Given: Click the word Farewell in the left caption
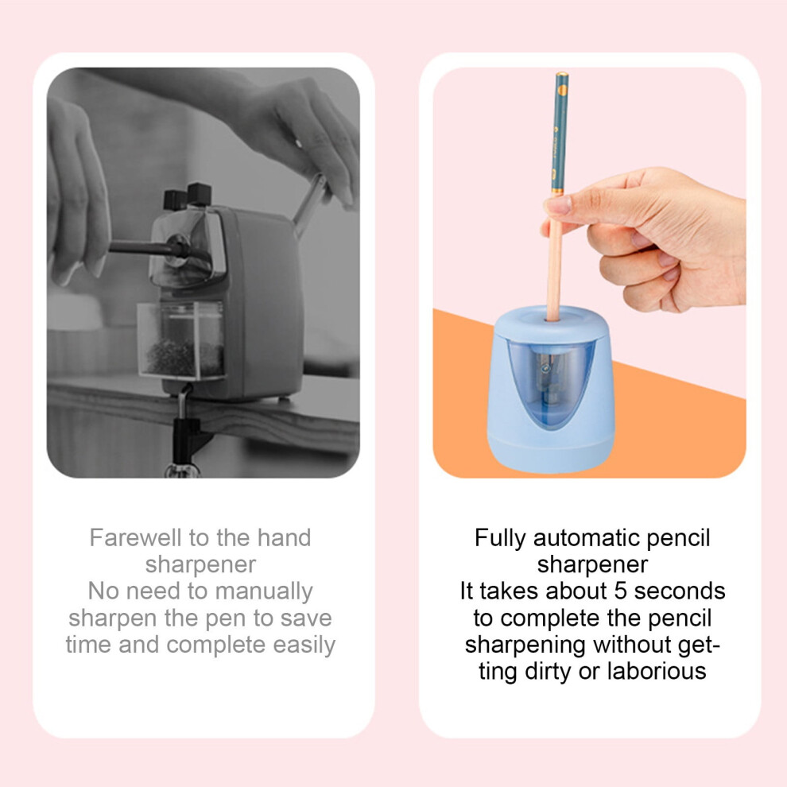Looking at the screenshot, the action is point(135,538).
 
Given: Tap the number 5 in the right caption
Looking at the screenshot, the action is point(620,591).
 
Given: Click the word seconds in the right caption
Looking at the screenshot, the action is point(680,591).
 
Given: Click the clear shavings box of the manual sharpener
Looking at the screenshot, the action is point(180,339).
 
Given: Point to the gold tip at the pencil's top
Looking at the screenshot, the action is point(562,75).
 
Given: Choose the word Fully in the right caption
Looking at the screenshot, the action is point(500,539).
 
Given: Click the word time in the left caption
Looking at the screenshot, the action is point(88,645).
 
